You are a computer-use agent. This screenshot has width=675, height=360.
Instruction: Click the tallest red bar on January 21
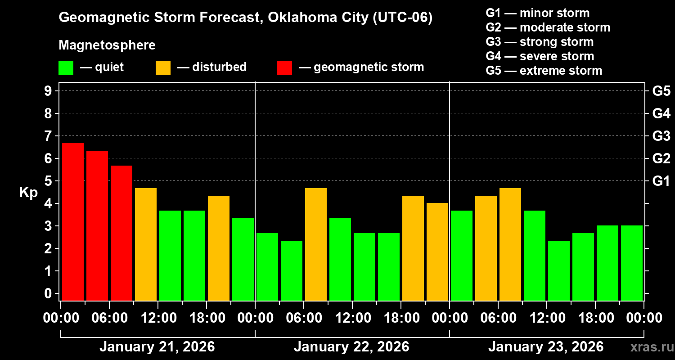73,221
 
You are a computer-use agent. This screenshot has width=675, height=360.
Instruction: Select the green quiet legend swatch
66,67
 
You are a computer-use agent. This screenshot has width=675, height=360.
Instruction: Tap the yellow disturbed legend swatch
163,67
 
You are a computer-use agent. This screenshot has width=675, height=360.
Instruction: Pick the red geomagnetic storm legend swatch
284,67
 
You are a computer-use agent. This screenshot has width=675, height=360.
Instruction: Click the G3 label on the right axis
661,136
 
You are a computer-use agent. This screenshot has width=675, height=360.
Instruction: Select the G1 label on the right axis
661,181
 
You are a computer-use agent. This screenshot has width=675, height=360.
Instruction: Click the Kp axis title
28,193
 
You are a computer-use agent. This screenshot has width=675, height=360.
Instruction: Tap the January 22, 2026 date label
351,347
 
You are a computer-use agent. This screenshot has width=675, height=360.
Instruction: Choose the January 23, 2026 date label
546,347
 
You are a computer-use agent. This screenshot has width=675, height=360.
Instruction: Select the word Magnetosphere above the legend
107,45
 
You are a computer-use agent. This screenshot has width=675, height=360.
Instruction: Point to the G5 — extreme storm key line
544,71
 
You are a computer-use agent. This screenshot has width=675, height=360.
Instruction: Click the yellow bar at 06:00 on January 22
316,244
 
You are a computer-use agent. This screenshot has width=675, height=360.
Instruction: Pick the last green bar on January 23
632,263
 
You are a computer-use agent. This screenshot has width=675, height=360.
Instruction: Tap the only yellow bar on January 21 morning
146,244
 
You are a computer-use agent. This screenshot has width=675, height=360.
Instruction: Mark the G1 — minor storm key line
537,13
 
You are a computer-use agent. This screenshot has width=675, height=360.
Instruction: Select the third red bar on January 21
121,233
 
